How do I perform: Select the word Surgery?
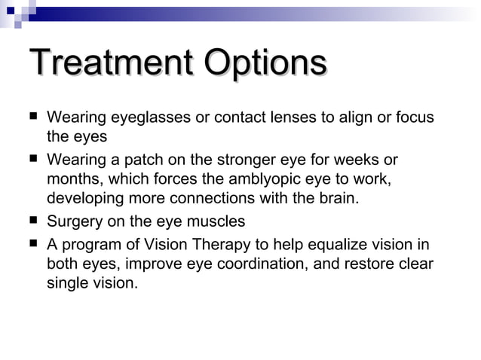pyautogui.click(x=75, y=222)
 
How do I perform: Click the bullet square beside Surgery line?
pyautogui.click(x=32, y=221)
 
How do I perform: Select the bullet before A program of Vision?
pyautogui.click(x=32, y=243)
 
